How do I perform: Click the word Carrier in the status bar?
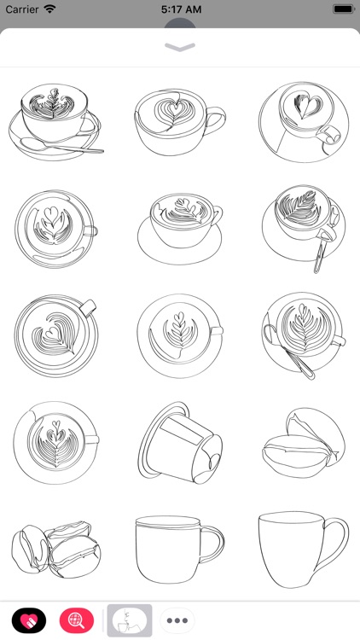click(22, 9)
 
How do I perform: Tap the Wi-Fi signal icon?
click(50, 9)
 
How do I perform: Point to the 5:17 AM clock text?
click(180, 9)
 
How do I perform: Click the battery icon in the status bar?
click(341, 9)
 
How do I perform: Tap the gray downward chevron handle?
click(180, 48)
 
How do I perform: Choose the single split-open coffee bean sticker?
click(303, 444)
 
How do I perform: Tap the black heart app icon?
click(28, 620)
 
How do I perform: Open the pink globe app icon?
click(77, 620)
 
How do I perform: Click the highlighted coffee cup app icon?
click(129, 620)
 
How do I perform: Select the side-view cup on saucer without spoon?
click(180, 224)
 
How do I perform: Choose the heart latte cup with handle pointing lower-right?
click(303, 119)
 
